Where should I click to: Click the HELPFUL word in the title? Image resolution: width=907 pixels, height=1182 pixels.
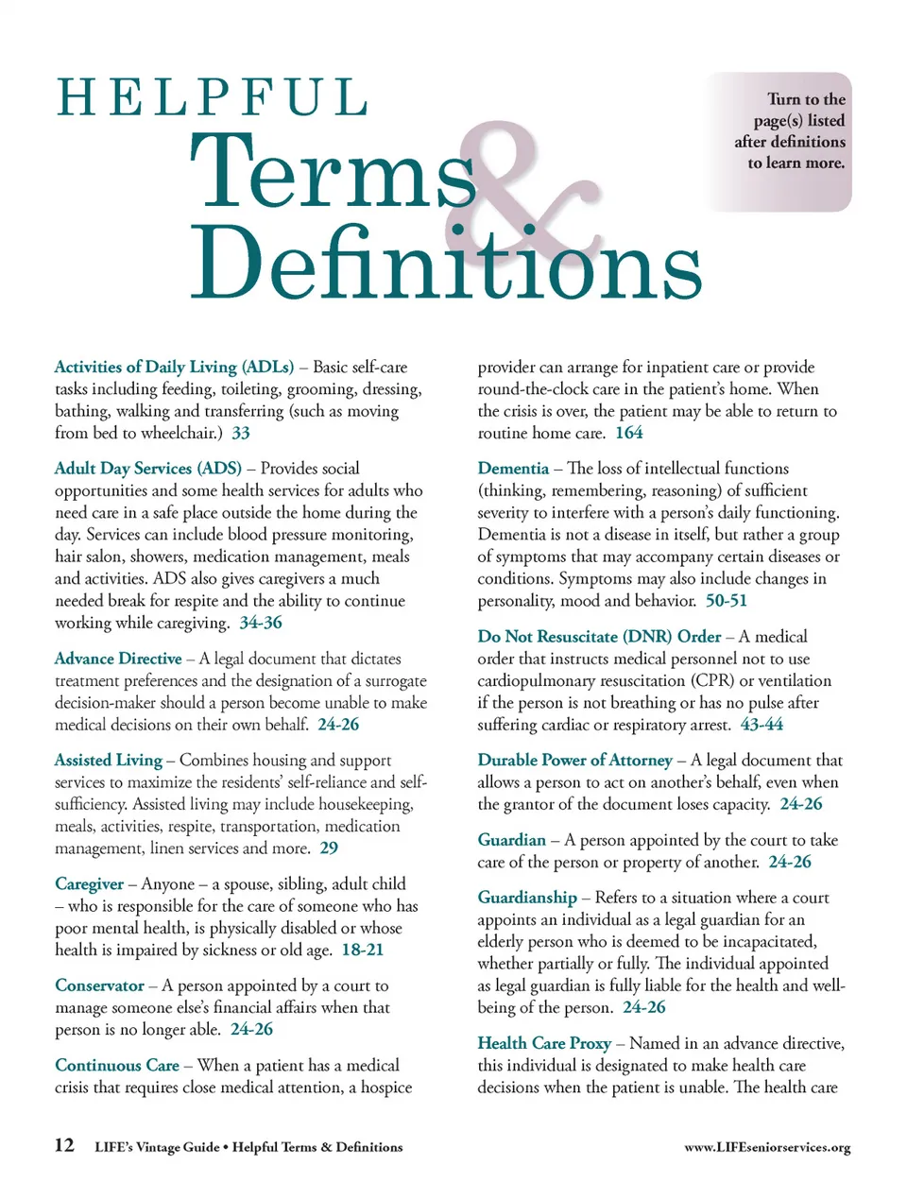point(213,98)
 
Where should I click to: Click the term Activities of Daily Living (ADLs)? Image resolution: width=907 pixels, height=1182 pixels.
point(174,367)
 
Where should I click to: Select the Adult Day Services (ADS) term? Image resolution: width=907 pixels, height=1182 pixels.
point(148,468)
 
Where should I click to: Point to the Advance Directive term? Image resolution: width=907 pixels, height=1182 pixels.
point(118,659)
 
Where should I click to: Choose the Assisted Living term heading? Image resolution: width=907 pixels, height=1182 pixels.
point(109,760)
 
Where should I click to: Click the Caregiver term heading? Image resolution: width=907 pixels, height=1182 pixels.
point(89,883)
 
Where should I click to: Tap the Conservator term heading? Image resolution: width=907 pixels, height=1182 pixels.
point(99,985)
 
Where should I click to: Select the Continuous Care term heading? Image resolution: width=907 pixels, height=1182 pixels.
point(117,1065)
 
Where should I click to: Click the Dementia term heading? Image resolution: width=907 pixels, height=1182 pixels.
point(513,468)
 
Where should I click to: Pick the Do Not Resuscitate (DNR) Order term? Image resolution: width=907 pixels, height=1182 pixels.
point(599,637)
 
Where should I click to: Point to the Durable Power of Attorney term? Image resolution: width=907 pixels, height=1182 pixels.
point(574,760)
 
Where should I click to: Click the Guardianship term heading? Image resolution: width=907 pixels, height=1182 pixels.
point(527,898)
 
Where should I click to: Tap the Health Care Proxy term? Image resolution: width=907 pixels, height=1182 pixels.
point(544,1043)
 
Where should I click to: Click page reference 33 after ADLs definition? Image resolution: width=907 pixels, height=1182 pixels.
point(241,433)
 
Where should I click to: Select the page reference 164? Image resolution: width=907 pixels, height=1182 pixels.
point(629,433)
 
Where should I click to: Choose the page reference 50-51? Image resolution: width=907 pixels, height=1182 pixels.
point(726,601)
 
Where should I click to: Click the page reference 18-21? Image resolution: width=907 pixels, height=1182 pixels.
point(363,950)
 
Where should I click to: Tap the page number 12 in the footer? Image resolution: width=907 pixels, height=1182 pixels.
point(64,1145)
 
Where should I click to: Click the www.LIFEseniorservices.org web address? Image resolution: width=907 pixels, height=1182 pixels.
point(767,1147)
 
